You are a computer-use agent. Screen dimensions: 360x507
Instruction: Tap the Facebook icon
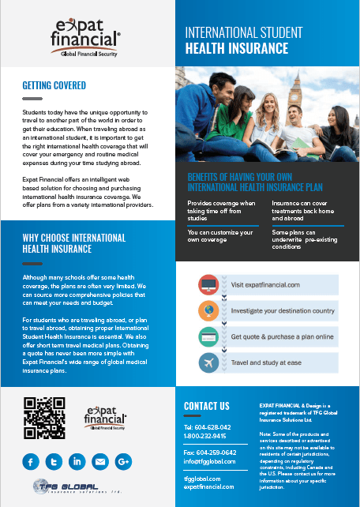(31, 460)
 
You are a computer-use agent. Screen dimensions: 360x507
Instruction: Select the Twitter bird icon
(54, 460)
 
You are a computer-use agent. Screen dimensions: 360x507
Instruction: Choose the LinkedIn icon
(77, 460)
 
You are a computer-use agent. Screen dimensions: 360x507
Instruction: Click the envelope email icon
(99, 460)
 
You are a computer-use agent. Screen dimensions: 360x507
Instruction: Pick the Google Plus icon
(122, 460)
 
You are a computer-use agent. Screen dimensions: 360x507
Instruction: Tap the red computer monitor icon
(209, 284)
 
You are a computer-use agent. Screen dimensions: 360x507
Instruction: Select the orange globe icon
(209, 310)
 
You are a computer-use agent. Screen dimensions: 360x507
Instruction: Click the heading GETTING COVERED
(54, 85)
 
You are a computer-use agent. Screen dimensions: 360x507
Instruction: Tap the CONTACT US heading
(206, 406)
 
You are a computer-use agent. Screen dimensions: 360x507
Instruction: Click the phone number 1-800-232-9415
(204, 435)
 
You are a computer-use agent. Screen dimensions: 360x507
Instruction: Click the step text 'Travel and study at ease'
(265, 363)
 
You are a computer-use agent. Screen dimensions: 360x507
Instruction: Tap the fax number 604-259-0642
(210, 451)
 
